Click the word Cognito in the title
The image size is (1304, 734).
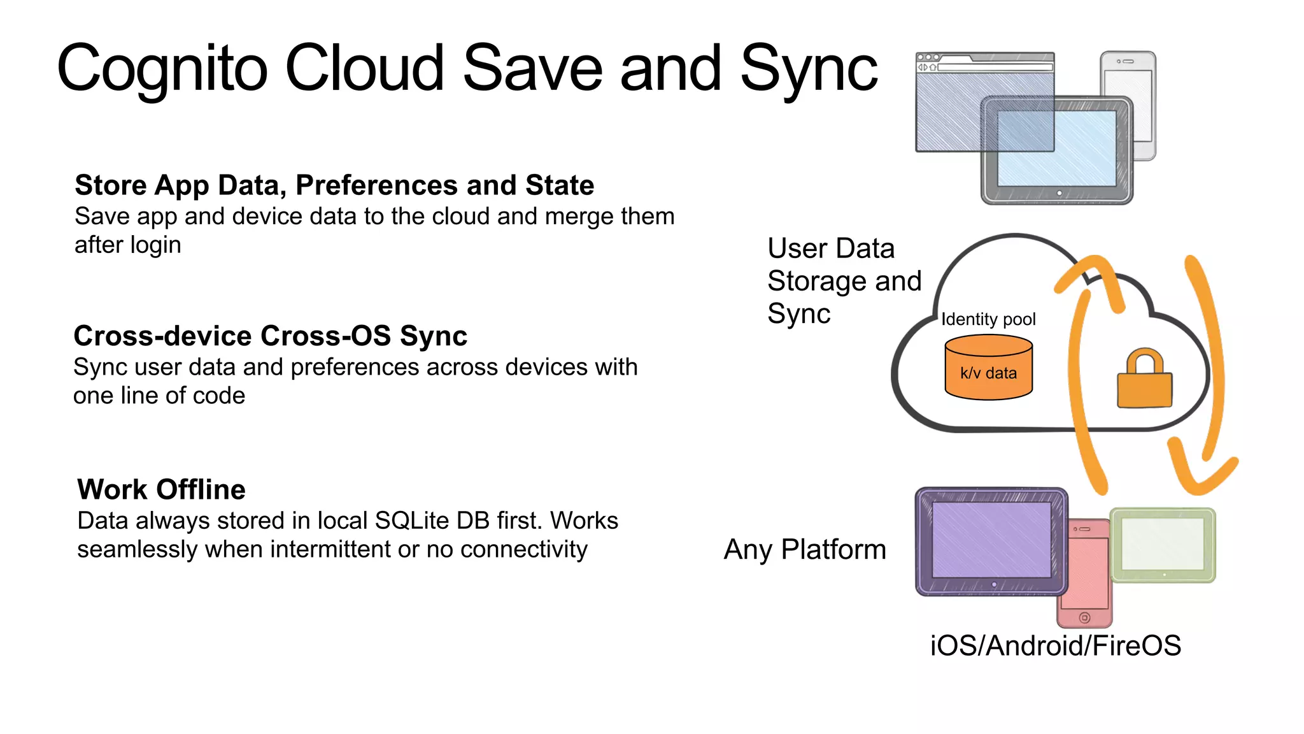coord(162,69)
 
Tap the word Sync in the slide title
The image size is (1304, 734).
coord(809,69)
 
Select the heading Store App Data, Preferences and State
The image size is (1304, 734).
coord(334,185)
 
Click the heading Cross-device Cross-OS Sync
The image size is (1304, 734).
coord(270,336)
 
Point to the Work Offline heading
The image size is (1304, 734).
coord(161,489)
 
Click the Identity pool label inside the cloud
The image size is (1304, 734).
coord(988,319)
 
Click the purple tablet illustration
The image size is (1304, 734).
coord(991,540)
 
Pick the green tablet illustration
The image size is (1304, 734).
coord(1163,545)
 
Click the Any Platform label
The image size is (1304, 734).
coord(805,549)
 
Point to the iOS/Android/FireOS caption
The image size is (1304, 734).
coord(1055,645)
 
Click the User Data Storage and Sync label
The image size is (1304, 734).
coord(844,280)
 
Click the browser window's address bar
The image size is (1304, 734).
coord(995,67)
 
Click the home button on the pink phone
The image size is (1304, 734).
coord(1085,617)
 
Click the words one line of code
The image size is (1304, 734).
coord(159,396)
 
